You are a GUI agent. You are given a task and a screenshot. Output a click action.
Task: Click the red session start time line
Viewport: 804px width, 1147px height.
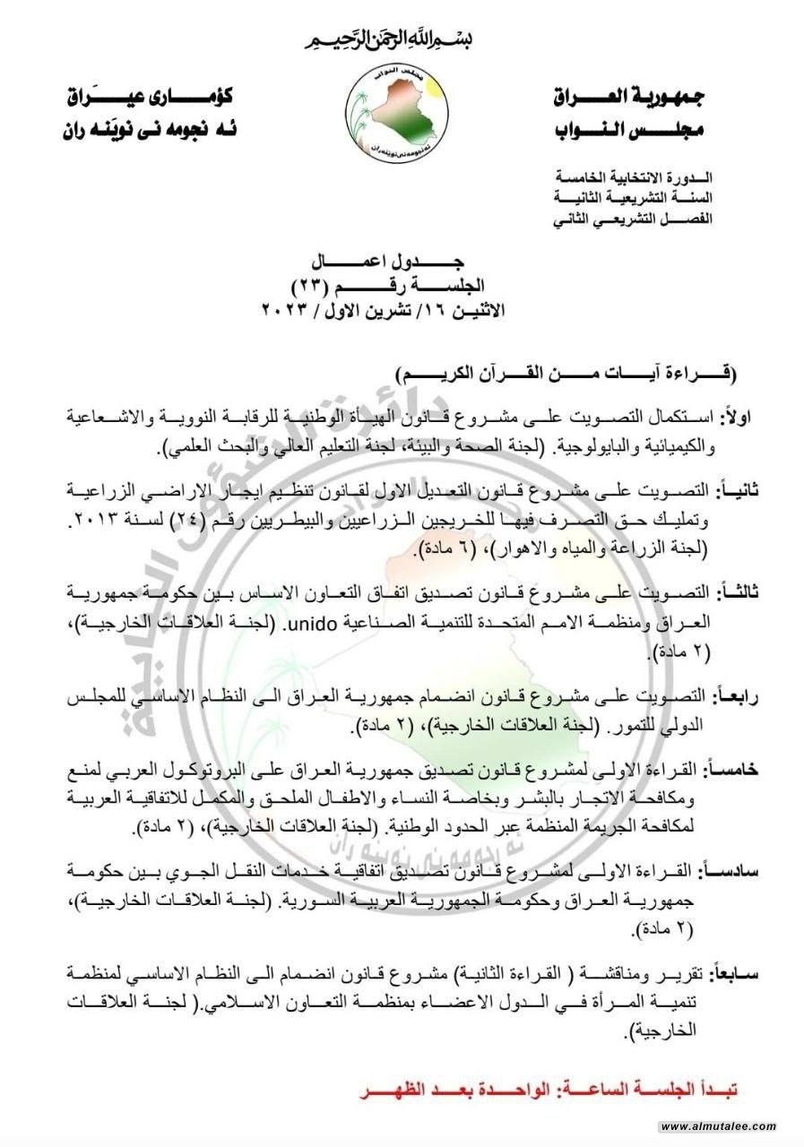(549, 1093)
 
